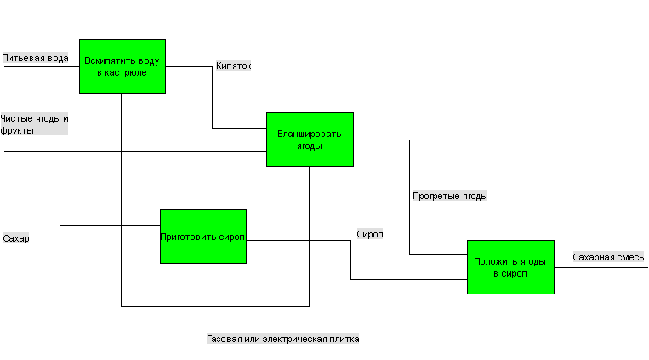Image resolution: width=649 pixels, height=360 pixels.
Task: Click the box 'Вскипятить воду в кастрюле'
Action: pos(122,66)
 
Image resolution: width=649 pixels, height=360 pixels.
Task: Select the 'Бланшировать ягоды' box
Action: pos(310,140)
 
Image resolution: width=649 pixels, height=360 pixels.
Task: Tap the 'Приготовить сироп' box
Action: pos(203,237)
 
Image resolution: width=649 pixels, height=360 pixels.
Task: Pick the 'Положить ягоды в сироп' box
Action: pos(510,267)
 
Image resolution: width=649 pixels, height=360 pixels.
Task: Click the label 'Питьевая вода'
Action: pos(35,58)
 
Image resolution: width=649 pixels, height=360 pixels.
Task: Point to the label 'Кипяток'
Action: pos(233,66)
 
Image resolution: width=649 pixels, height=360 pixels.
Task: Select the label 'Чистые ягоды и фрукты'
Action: pos(34,124)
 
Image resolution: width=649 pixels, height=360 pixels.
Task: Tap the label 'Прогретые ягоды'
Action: pos(450,196)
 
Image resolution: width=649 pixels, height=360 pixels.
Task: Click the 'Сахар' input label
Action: pos(16,238)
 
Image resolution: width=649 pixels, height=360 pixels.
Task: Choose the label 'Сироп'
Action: pos(370,234)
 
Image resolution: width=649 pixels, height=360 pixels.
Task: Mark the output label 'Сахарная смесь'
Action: pos(608,257)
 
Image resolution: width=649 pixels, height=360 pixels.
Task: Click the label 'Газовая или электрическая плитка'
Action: pos(282,339)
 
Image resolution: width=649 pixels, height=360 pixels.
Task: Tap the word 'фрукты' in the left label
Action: pos(17,130)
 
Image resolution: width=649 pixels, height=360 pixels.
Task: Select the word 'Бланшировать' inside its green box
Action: pos(309,134)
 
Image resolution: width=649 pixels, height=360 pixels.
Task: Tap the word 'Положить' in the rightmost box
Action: pos(493,261)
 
